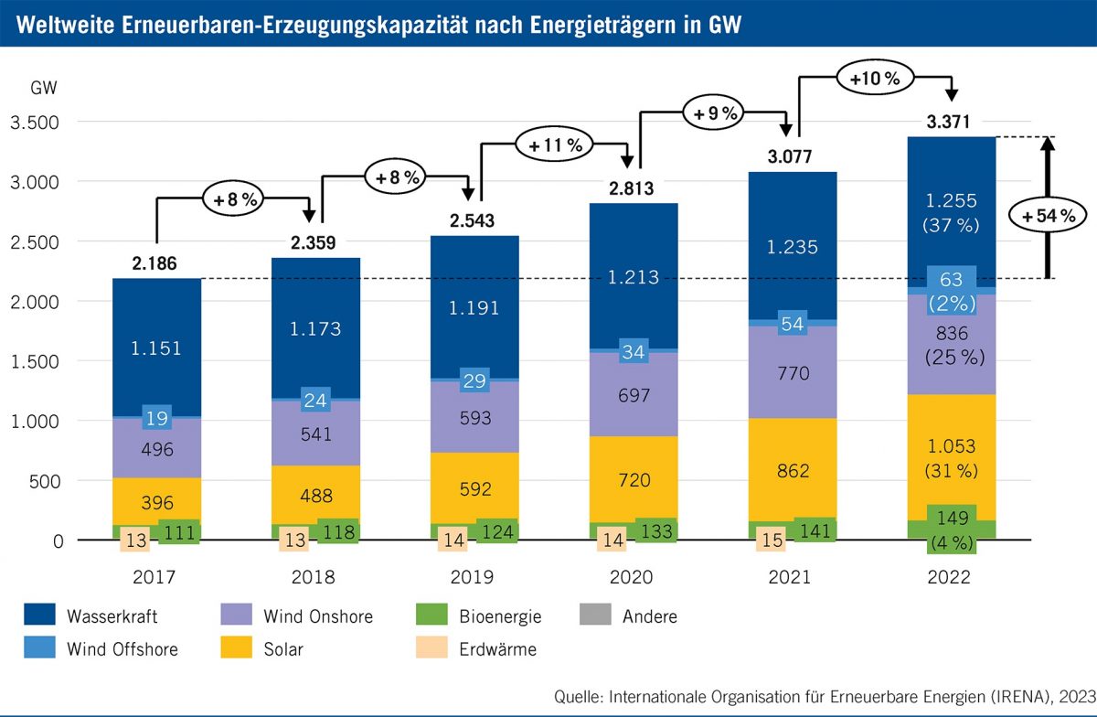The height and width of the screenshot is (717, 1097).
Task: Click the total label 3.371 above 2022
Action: tap(952, 122)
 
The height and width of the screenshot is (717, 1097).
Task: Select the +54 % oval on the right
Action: tap(1047, 216)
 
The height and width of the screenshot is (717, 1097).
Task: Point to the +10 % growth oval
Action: tap(875, 79)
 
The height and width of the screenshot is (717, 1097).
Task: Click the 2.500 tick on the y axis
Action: tap(34, 242)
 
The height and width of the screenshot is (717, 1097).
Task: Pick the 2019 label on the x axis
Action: tap(473, 578)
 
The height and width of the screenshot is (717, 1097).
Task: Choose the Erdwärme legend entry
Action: tap(501, 650)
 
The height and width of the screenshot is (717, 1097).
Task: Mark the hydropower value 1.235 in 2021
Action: tap(792, 246)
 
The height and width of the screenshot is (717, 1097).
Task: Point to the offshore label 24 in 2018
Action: tap(314, 400)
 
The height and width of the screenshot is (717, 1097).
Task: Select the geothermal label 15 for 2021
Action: tap(772, 540)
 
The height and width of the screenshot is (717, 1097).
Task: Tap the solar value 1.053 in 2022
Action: tap(951, 446)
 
